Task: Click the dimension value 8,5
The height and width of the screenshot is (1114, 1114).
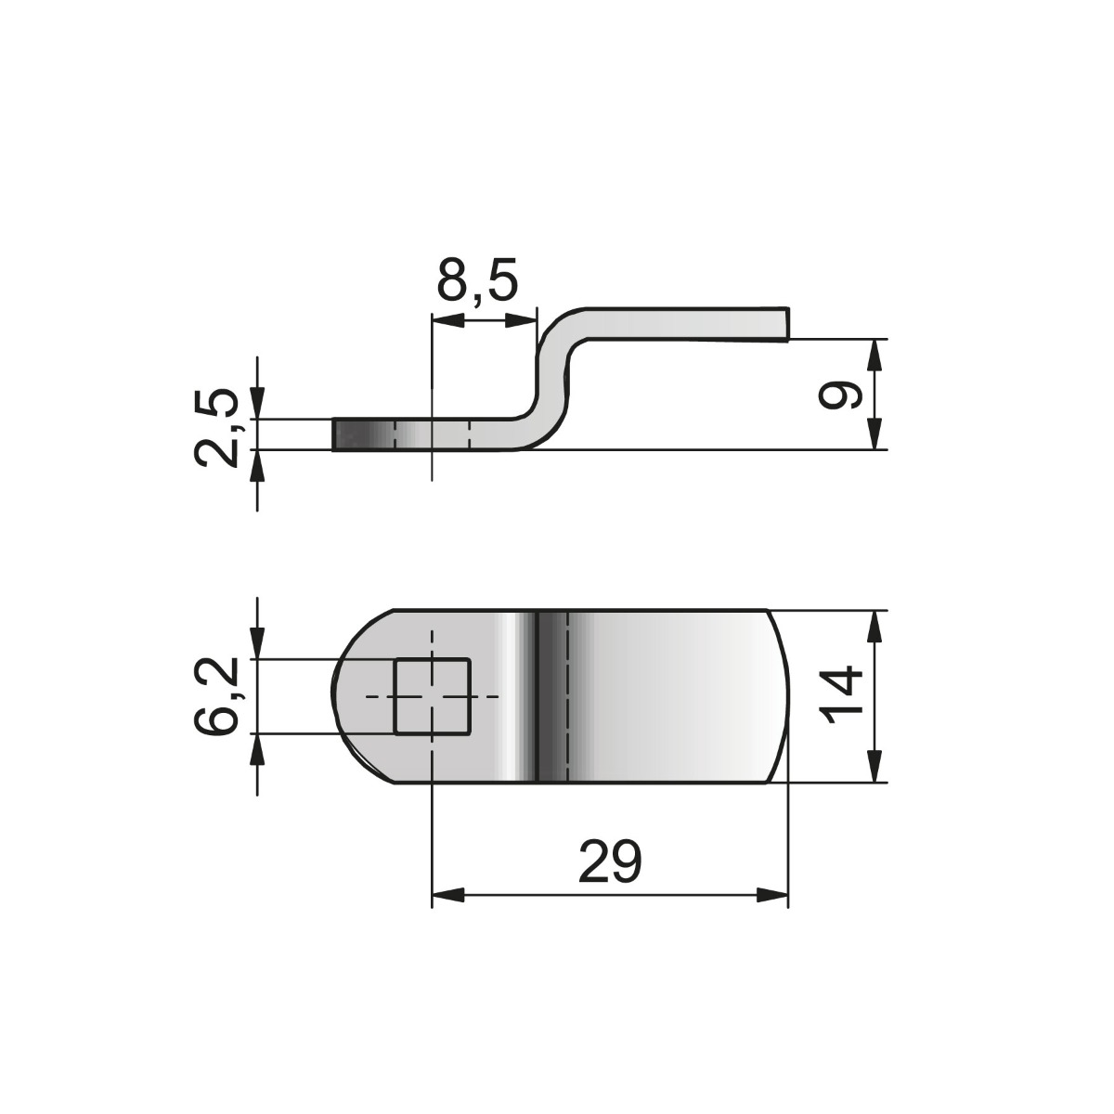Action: [x=476, y=281]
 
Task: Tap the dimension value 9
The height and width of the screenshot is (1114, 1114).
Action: [x=841, y=395]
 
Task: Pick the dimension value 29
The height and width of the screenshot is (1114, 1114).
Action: [x=609, y=861]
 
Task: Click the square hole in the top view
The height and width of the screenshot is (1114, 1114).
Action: [x=433, y=696]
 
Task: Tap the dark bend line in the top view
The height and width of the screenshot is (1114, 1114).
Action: [x=538, y=696]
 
